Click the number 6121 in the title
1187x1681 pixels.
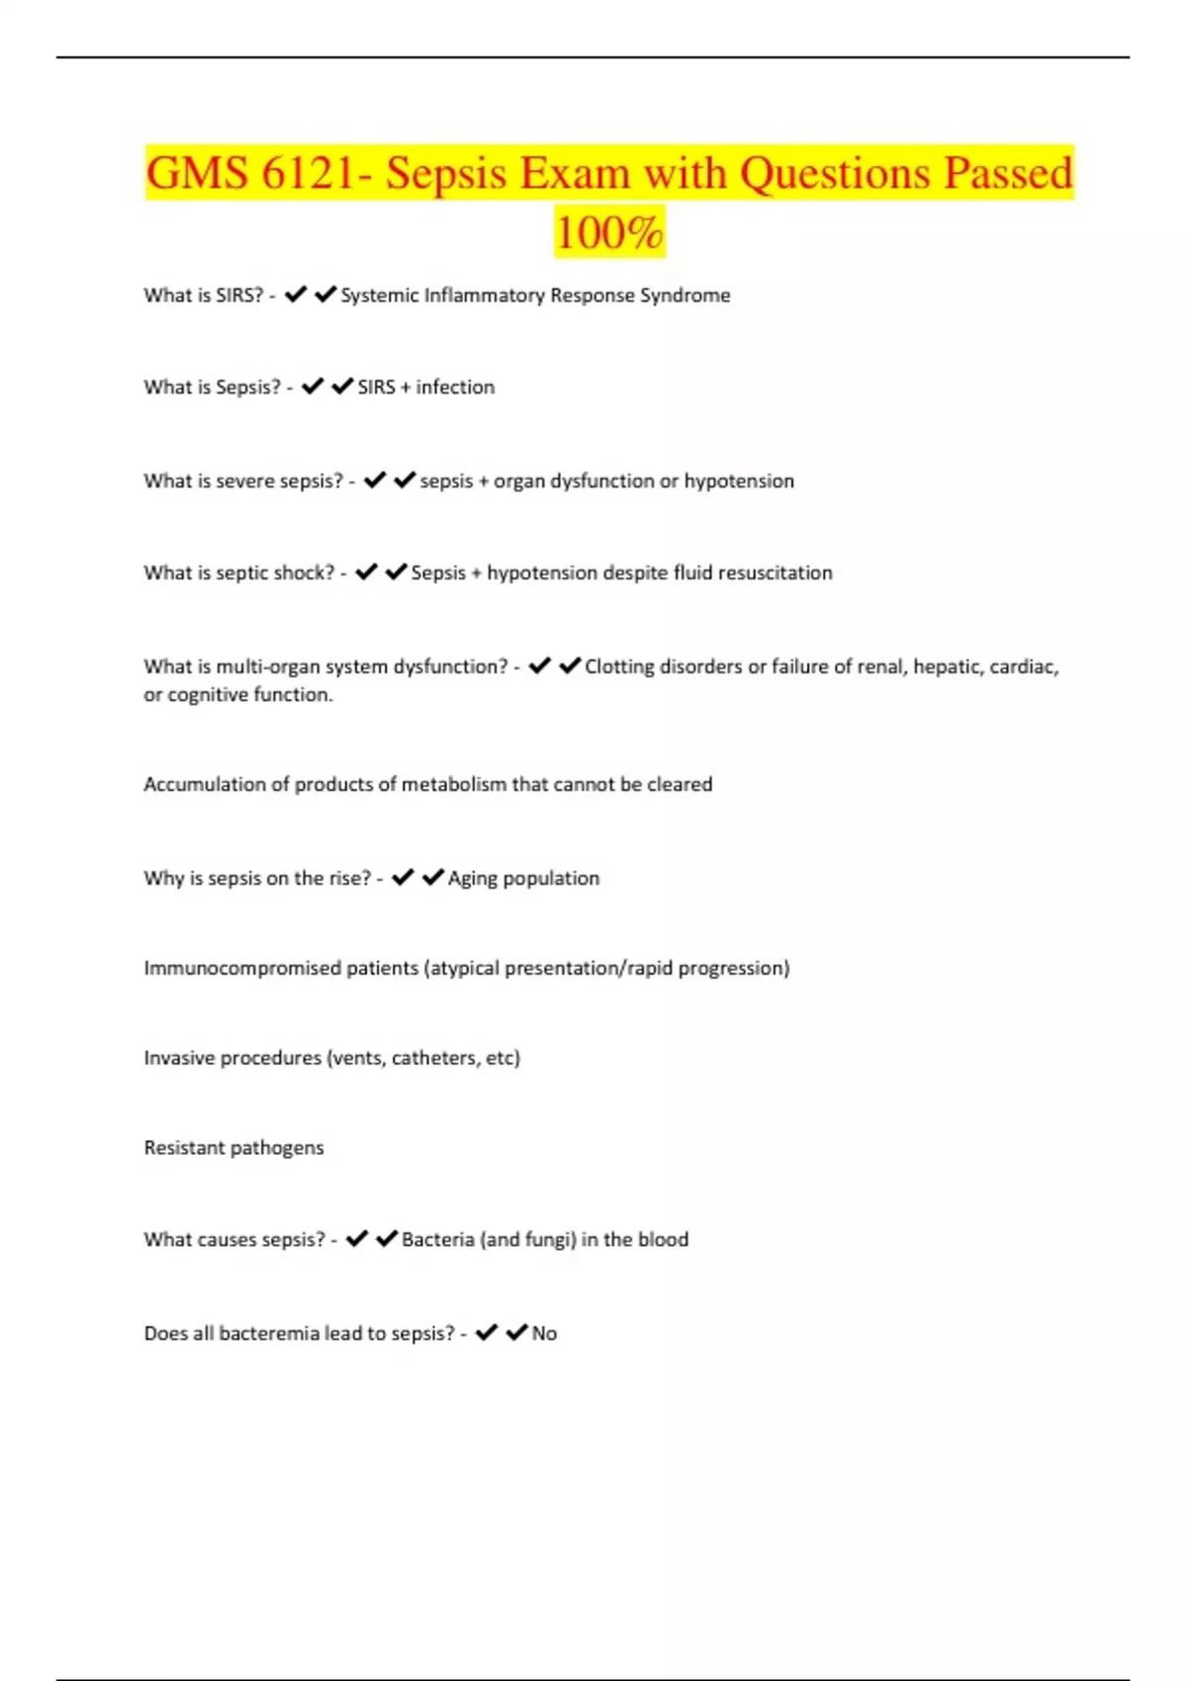pyautogui.click(x=306, y=174)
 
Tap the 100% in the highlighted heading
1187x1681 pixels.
pyautogui.click(x=608, y=234)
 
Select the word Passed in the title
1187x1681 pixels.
pyautogui.click(x=1007, y=174)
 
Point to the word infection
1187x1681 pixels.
pyautogui.click(x=455, y=388)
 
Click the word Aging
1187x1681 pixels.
pyautogui.click(x=473, y=879)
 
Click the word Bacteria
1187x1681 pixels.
pyautogui.click(x=438, y=1240)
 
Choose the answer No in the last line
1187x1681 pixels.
pyautogui.click(x=544, y=1334)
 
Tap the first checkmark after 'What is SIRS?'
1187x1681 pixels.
pyautogui.click(x=295, y=295)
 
